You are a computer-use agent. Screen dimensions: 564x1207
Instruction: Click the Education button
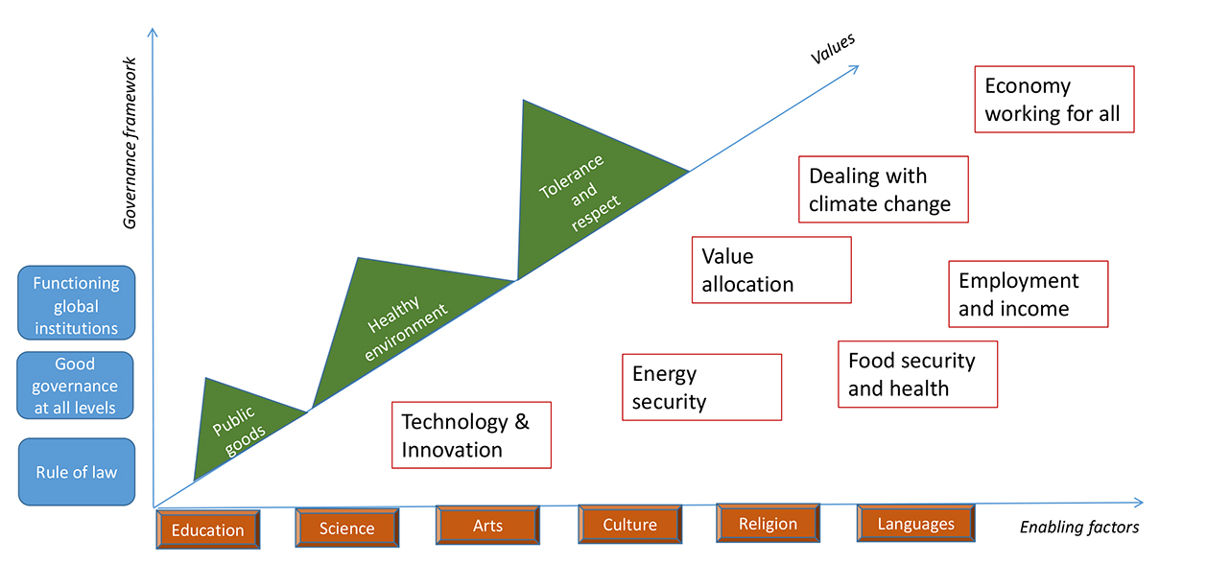tap(207, 529)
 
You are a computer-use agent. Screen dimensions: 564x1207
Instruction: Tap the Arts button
tap(487, 526)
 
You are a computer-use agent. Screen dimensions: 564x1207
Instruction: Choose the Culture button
tap(629, 525)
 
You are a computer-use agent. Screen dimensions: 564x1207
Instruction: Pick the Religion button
tap(768, 524)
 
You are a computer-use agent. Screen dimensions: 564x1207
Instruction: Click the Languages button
tap(915, 524)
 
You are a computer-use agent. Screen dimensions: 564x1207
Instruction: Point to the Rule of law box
tap(77, 472)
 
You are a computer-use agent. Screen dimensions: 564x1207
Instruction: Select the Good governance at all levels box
tap(75, 386)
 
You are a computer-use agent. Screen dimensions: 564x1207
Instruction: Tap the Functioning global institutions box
tap(77, 305)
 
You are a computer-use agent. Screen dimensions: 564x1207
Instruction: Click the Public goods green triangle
tap(235, 428)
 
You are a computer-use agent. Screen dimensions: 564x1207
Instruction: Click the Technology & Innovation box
tap(471, 435)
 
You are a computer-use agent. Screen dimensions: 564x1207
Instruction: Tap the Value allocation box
tap(771, 270)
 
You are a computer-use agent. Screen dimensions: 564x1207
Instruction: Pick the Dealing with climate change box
tap(883, 190)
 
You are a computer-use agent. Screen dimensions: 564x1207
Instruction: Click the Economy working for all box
tap(1053, 100)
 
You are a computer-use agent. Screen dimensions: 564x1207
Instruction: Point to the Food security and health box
tap(917, 374)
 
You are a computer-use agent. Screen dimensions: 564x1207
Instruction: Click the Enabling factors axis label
tap(1078, 527)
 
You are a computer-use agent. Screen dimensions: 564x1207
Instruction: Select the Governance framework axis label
tap(131, 144)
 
